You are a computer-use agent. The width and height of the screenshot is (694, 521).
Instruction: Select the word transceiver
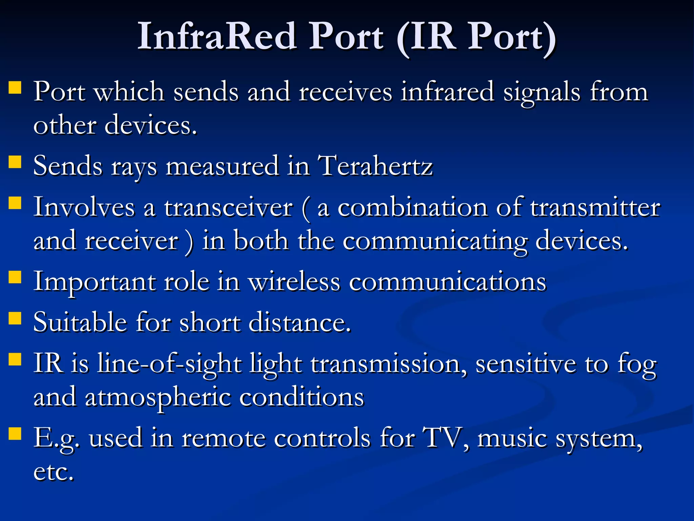[x=228, y=208]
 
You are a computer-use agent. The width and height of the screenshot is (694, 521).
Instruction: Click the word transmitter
[x=595, y=208]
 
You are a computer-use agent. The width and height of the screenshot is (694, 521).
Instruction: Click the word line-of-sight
[x=169, y=364]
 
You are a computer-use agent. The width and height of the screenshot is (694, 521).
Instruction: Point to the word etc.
[x=53, y=471]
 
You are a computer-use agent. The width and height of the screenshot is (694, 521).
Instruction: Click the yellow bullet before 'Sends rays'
[x=15, y=162]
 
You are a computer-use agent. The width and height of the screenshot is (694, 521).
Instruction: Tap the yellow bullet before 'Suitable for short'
[x=15, y=318]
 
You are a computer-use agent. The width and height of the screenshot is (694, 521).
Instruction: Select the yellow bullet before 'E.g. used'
[x=15, y=433]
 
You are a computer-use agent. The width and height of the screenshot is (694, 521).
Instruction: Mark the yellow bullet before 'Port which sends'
[x=15, y=87]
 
